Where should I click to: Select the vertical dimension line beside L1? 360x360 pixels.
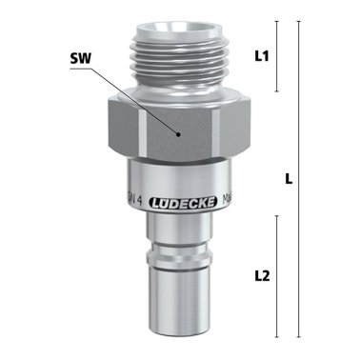click(276, 56)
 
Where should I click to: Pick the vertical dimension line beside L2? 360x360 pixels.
click(276, 276)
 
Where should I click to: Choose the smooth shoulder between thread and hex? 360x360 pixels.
click(181, 92)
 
